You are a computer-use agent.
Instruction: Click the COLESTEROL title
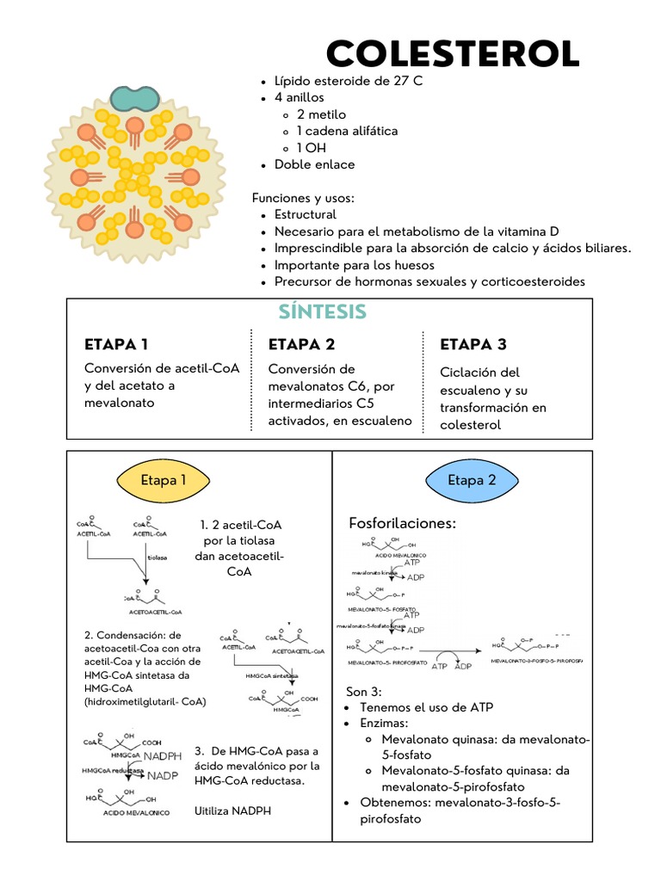pyautogui.click(x=453, y=55)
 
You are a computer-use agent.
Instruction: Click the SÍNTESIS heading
pyautogui.click(x=324, y=311)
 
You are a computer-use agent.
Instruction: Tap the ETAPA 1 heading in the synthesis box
pyautogui.click(x=116, y=345)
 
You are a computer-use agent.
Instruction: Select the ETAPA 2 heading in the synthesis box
pyautogui.click(x=301, y=345)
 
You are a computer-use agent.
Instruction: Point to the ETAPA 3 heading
pyautogui.click(x=473, y=345)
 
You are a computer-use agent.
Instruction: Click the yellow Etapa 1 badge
pyautogui.click(x=164, y=480)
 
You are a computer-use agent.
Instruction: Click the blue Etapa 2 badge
pyautogui.click(x=472, y=480)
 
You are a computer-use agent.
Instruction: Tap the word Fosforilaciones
pyautogui.click(x=402, y=523)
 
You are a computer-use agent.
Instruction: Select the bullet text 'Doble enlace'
pyautogui.click(x=314, y=164)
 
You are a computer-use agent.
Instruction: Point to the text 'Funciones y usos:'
pyautogui.click(x=303, y=198)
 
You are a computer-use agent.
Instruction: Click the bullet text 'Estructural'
pyautogui.click(x=306, y=214)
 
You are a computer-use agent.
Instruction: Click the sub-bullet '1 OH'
pyautogui.click(x=312, y=148)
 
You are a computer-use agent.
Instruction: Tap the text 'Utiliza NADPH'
pyautogui.click(x=233, y=810)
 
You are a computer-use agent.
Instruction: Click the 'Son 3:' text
pyautogui.click(x=364, y=691)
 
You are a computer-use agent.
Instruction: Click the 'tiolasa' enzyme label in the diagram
pyautogui.click(x=157, y=557)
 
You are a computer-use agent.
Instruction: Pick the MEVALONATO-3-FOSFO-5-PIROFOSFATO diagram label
pyautogui.click(x=536, y=661)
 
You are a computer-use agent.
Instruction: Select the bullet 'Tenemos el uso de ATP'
pyautogui.click(x=426, y=707)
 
